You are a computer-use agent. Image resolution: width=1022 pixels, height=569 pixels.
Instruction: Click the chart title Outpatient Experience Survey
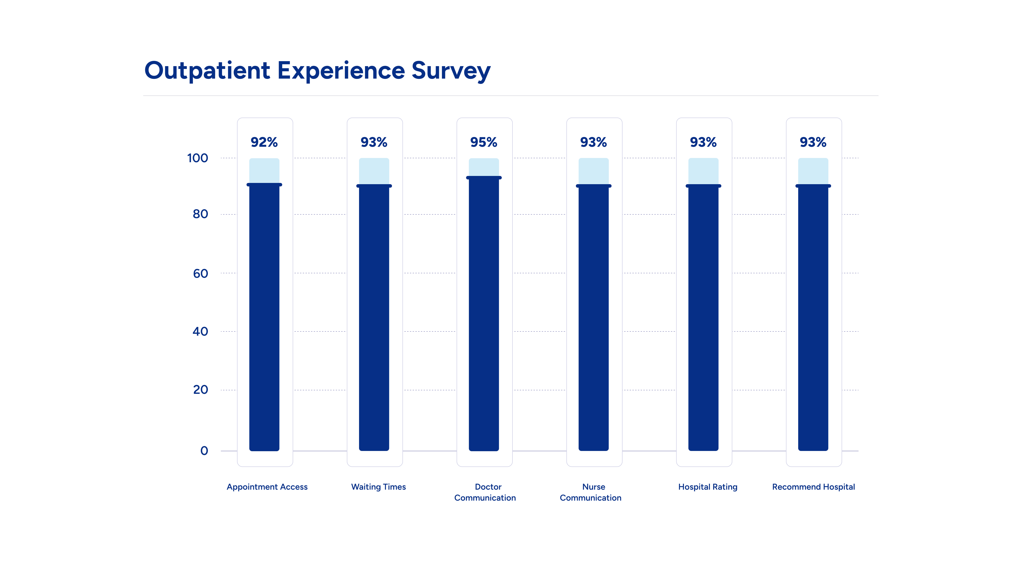(x=317, y=71)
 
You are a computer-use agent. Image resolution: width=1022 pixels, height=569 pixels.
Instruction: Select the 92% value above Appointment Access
(x=264, y=142)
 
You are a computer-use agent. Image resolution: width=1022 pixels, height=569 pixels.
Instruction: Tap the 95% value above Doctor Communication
(x=484, y=142)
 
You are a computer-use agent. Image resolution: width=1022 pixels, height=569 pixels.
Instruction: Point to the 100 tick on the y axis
(x=198, y=158)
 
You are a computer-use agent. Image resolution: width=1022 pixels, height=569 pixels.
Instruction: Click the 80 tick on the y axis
(x=200, y=214)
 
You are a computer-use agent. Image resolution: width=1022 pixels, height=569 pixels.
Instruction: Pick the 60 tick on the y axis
(x=200, y=273)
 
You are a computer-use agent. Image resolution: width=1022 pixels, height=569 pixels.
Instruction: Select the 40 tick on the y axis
(x=200, y=331)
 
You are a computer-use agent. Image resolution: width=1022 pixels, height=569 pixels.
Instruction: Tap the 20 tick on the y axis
(x=200, y=390)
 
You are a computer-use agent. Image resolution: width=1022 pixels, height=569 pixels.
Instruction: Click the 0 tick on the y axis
(x=204, y=451)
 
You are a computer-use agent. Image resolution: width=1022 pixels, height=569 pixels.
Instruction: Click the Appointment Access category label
(x=267, y=487)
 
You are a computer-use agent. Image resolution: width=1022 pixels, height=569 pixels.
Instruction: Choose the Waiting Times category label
(x=379, y=487)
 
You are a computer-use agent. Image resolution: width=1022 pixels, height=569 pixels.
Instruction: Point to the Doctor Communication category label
(x=485, y=492)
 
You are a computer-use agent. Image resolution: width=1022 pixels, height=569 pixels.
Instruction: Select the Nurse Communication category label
(x=591, y=492)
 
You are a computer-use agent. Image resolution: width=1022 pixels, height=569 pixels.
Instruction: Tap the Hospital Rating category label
(x=708, y=487)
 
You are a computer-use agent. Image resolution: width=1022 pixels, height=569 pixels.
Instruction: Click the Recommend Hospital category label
(x=813, y=487)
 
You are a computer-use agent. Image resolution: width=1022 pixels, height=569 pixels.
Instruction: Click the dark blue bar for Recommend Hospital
(x=813, y=317)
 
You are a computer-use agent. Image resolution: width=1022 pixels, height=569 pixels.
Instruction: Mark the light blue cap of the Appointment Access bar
(x=264, y=171)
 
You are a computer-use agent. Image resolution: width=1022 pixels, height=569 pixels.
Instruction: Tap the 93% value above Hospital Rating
(x=703, y=142)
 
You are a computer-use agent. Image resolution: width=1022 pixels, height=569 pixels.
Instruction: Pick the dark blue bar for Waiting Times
(x=374, y=317)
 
